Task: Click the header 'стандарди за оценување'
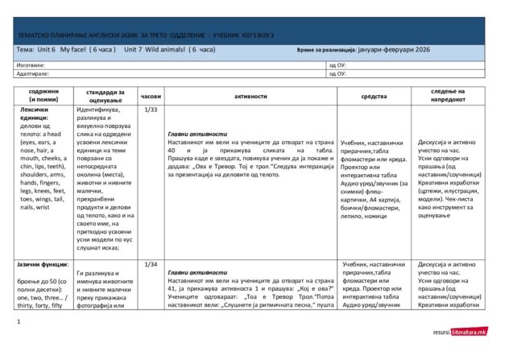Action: [105, 95]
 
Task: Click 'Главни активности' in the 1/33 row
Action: [197, 134]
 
